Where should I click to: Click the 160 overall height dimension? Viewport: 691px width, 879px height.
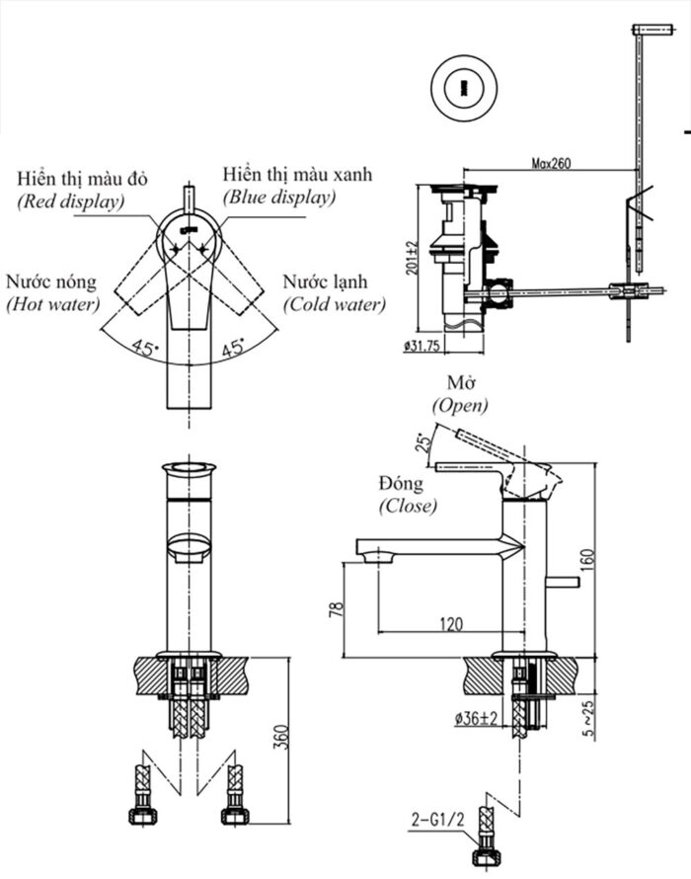tap(588, 560)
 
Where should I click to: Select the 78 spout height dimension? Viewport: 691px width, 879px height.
tap(336, 609)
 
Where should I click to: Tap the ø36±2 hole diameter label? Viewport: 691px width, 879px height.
tap(476, 720)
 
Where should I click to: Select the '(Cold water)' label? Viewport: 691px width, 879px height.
tap(335, 304)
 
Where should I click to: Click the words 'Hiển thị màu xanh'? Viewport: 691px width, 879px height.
tap(296, 175)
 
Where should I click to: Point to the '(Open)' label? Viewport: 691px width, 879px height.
tap(460, 405)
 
